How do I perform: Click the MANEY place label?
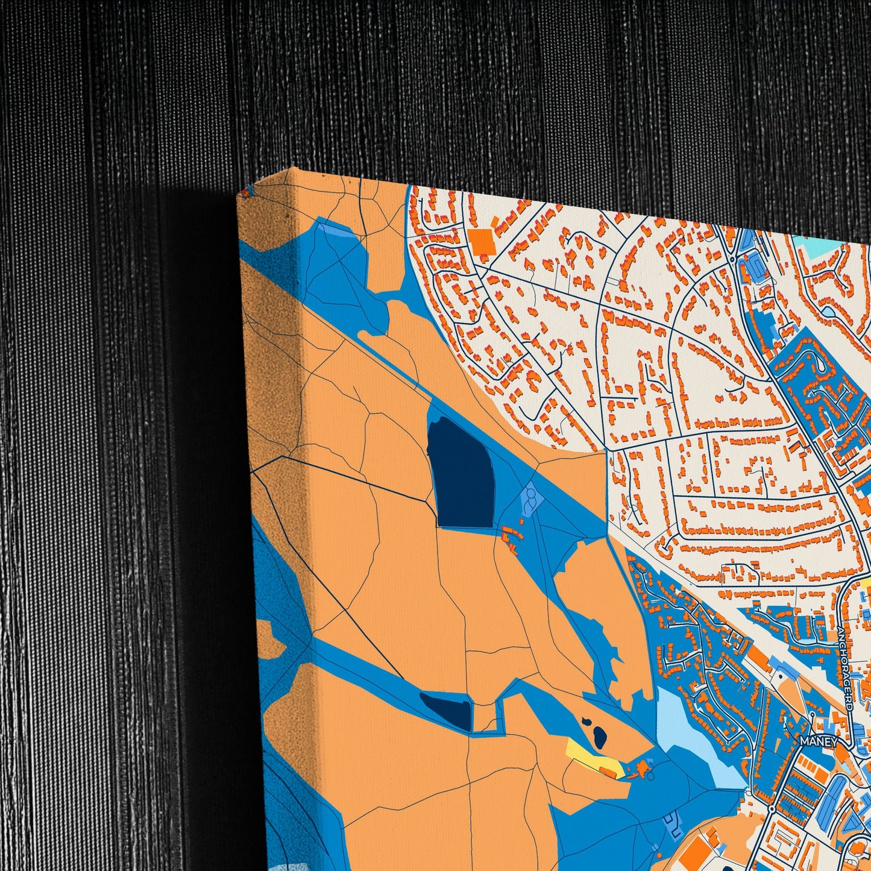819,741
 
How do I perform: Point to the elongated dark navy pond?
447,709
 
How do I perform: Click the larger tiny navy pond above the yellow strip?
599,735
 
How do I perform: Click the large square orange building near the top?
482,241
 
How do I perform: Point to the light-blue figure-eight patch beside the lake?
530,501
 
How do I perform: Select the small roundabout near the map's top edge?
732,259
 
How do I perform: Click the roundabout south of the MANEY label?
772,807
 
